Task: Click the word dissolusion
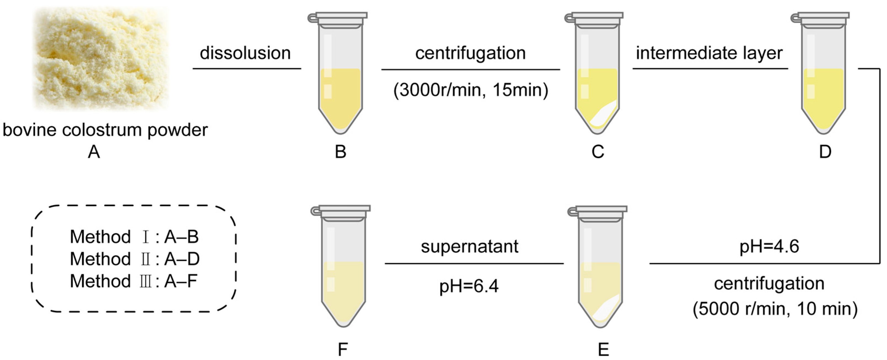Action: point(245,53)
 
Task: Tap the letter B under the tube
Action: point(340,152)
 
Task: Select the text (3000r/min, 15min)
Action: point(470,90)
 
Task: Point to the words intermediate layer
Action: point(709,53)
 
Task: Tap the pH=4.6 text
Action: point(769,247)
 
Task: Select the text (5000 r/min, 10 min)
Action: point(775,309)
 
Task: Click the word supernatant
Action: point(469,247)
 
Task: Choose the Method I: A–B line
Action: point(134,237)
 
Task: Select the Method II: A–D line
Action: point(135,259)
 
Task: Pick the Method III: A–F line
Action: point(133,281)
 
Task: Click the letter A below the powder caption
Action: point(94,152)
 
